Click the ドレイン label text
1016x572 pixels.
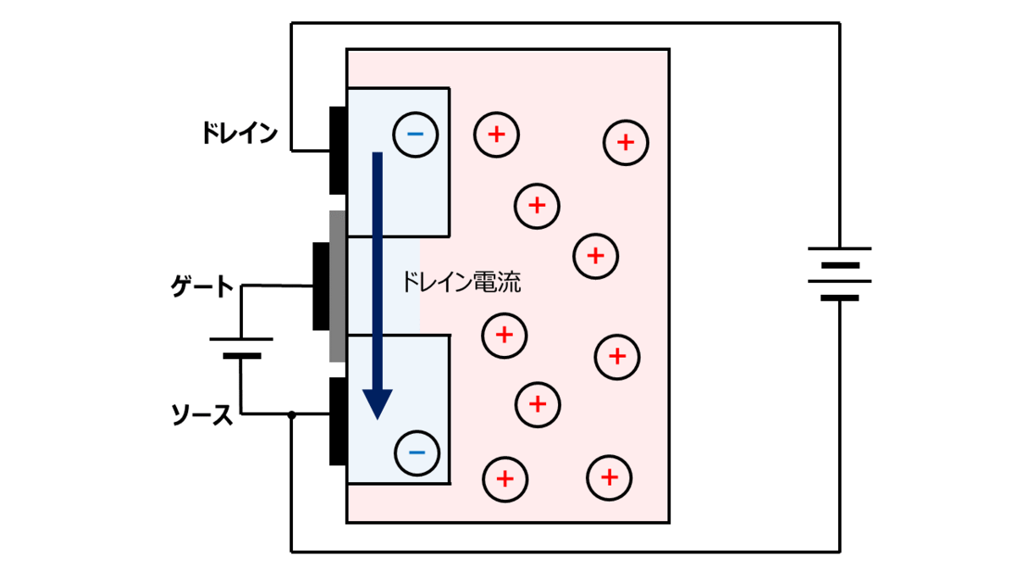pos(240,133)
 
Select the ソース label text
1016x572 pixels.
pos(202,414)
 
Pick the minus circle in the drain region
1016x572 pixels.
pos(415,134)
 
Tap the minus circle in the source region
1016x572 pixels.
pos(417,453)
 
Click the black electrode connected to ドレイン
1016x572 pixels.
pos(338,151)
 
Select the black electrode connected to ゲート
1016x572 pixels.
pos(320,286)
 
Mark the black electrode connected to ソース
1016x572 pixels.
pos(338,421)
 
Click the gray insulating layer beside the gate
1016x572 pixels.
pos(337,286)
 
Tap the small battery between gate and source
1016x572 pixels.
pos(241,347)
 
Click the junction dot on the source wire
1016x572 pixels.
pos(291,414)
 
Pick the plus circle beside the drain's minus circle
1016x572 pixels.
pos(496,134)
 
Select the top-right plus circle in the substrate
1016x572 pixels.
pos(626,142)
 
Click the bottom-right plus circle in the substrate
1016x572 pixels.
pos(610,478)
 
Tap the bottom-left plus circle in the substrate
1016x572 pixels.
pos(505,479)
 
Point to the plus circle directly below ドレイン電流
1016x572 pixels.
pos(505,335)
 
